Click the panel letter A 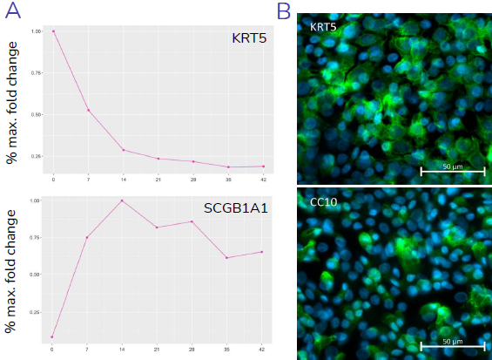(12, 11)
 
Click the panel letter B (284, 11)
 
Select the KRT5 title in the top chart (250, 39)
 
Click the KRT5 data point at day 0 (53, 31)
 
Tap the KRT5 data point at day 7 (88, 110)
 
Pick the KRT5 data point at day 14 (123, 150)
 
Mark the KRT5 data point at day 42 (262, 166)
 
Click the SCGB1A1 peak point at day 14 (123, 200)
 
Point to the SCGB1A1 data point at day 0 (53, 336)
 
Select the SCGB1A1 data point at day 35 (227, 257)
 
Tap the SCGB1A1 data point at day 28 (192, 221)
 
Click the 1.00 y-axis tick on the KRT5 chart (36, 31)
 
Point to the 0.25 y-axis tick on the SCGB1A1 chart (36, 311)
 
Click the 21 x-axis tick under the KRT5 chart (158, 179)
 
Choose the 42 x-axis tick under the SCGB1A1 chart (262, 349)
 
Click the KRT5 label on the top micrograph (323, 28)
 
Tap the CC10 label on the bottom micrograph (323, 202)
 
